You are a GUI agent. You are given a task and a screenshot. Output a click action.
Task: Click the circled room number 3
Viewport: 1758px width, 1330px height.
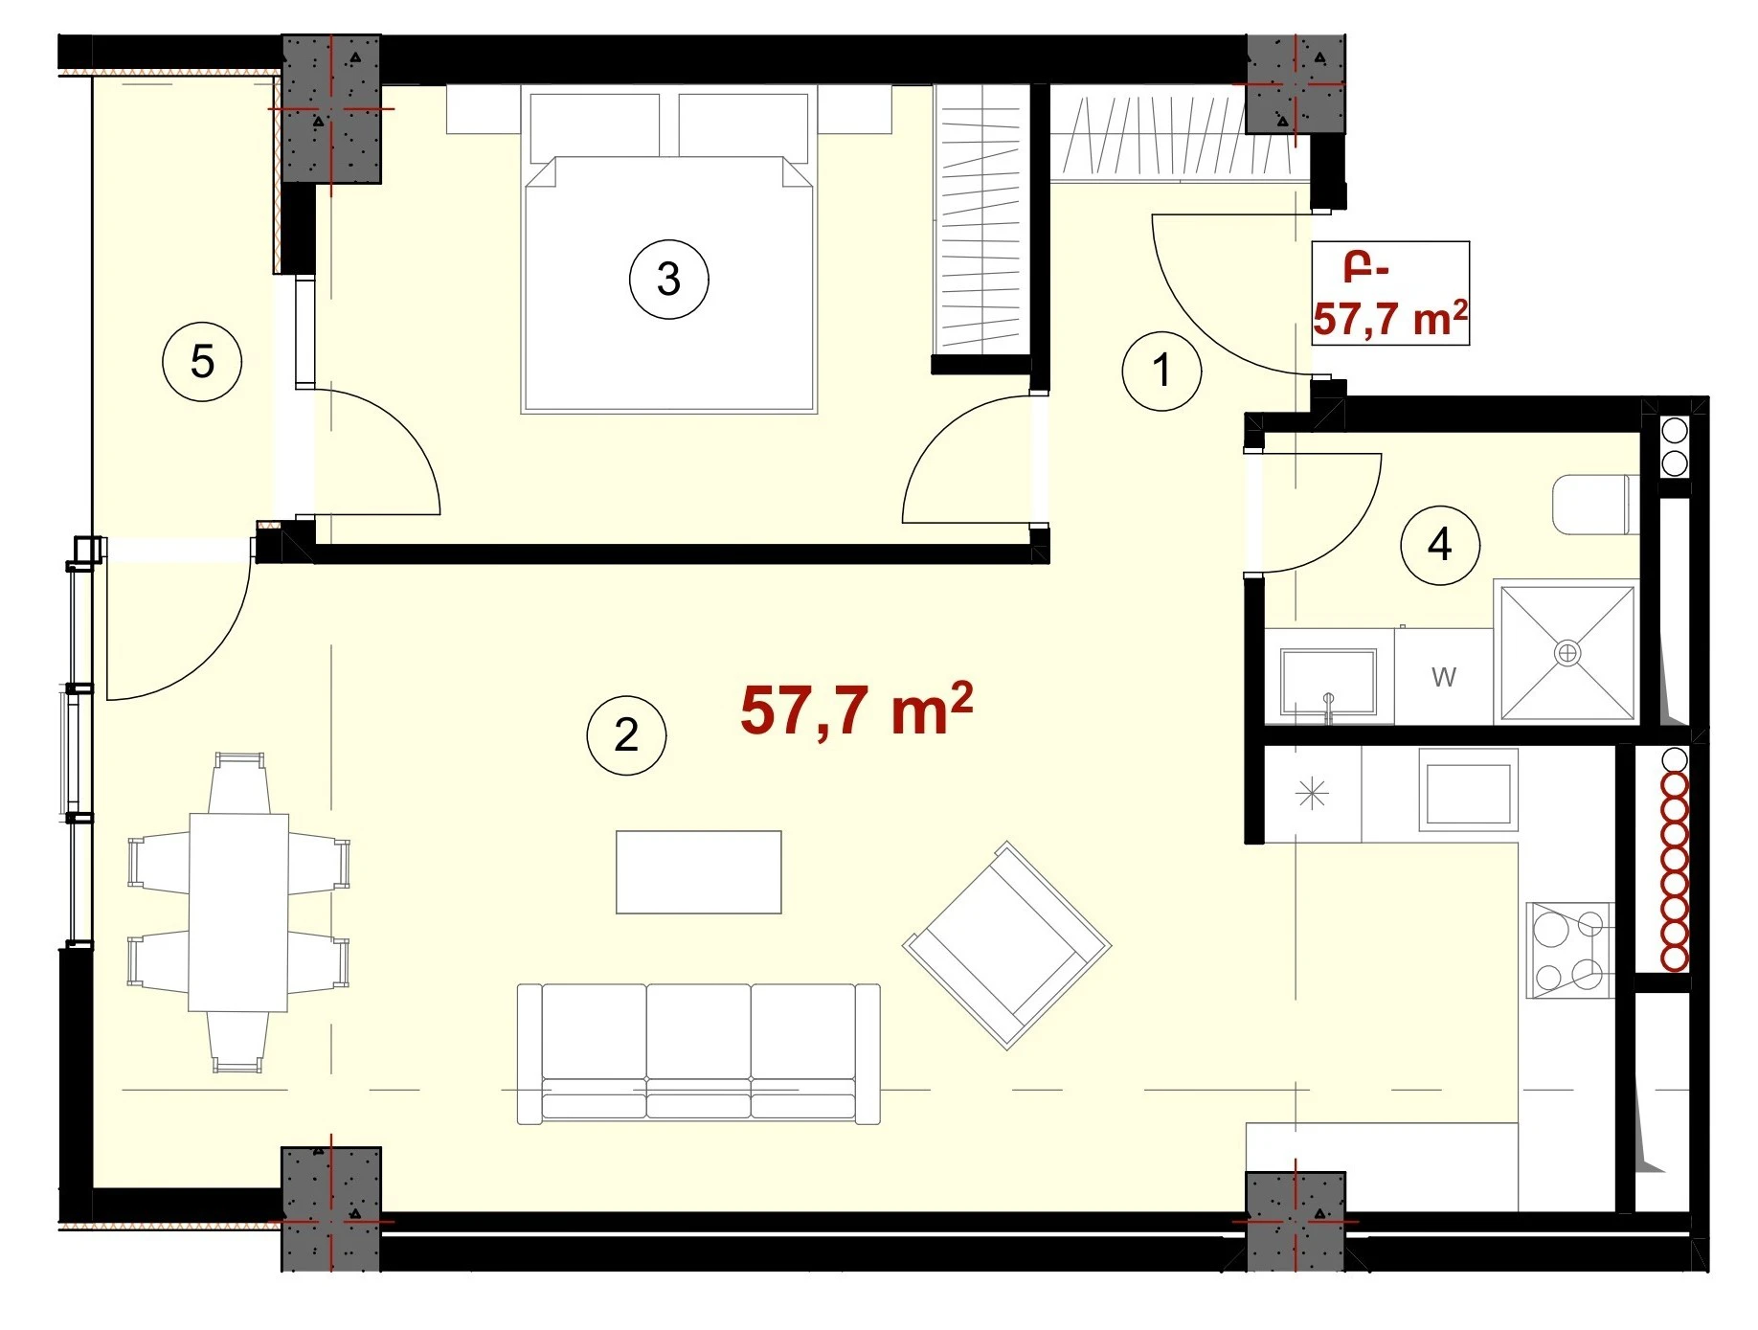tap(668, 279)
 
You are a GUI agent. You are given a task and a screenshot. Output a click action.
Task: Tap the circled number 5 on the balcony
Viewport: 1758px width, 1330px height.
tap(202, 361)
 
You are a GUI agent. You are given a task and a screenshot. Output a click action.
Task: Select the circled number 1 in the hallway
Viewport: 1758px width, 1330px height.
tap(1161, 371)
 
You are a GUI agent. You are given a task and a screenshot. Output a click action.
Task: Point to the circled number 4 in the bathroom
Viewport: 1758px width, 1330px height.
tap(1439, 545)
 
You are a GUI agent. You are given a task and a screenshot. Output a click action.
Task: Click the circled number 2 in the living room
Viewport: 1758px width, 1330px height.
tap(626, 734)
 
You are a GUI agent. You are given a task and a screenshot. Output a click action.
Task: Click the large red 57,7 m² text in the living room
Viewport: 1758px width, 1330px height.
tap(857, 710)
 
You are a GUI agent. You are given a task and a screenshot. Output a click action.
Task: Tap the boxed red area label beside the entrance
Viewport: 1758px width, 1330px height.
tap(1390, 293)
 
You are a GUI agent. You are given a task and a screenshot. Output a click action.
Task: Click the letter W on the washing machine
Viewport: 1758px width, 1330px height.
tap(1443, 678)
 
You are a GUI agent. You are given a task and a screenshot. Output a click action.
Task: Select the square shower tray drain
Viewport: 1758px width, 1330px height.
tap(1567, 653)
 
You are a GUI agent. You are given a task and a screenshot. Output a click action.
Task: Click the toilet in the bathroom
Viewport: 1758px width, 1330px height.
tap(1595, 504)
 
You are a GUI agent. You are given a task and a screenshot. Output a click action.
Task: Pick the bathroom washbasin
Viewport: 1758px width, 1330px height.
tap(1328, 682)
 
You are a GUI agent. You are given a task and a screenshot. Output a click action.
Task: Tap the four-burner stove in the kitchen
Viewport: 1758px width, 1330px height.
tap(1569, 950)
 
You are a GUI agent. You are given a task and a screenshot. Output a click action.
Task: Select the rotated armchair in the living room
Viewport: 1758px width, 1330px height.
tap(1007, 945)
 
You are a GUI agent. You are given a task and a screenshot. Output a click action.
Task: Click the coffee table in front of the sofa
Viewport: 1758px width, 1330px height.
tap(698, 872)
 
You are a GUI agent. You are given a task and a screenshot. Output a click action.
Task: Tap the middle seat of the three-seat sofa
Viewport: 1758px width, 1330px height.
tap(698, 1051)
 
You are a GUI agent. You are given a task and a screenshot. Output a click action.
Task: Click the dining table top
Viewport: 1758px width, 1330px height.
tap(238, 912)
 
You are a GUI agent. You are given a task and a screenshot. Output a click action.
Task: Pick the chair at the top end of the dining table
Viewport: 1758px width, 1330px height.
tap(238, 782)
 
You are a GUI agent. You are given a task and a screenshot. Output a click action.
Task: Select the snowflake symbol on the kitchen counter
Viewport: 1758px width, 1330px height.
tap(1312, 794)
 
